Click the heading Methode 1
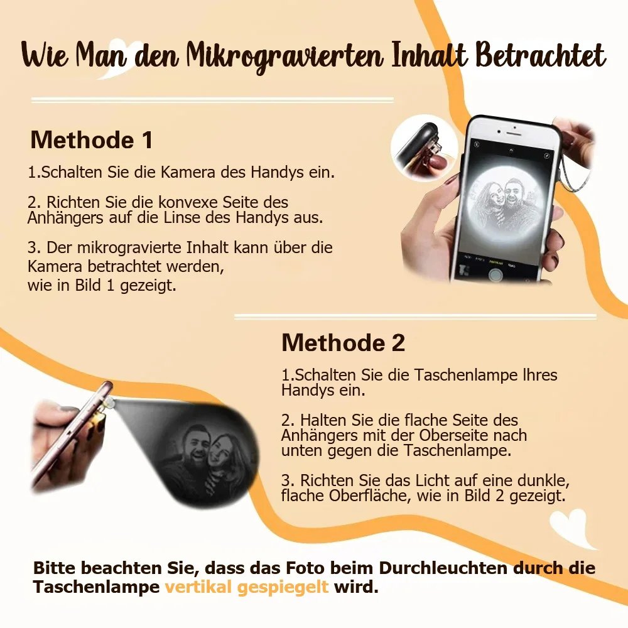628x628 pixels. click(x=91, y=140)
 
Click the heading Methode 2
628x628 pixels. click(x=344, y=343)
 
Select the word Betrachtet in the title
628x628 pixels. click(x=540, y=55)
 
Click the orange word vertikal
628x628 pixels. click(x=198, y=587)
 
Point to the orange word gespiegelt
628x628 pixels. click(x=283, y=588)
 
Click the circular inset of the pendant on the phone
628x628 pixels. click(x=425, y=148)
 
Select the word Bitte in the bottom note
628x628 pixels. click(x=55, y=568)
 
